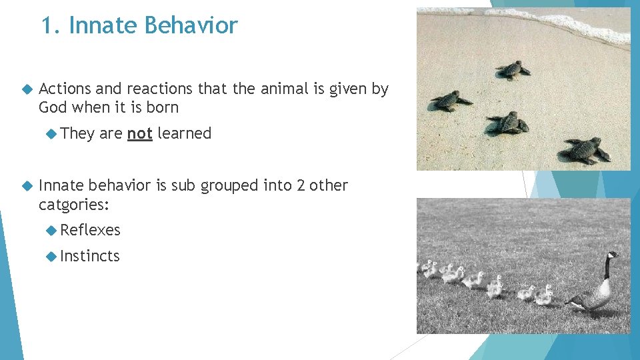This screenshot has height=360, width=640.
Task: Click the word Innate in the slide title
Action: [102, 25]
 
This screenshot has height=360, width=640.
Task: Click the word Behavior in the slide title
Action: [191, 25]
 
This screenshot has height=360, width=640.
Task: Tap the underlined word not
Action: [140, 133]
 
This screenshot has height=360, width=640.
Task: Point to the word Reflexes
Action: [90, 230]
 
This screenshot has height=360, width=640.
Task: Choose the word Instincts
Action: [90, 256]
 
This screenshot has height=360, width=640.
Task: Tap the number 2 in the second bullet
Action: [301, 185]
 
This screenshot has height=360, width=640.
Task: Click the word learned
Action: [185, 133]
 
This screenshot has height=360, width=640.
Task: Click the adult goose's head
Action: [611, 256]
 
